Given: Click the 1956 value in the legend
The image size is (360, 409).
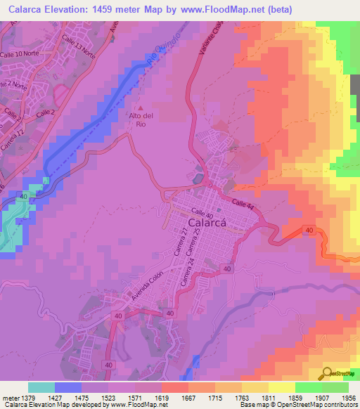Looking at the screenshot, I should [349, 397].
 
